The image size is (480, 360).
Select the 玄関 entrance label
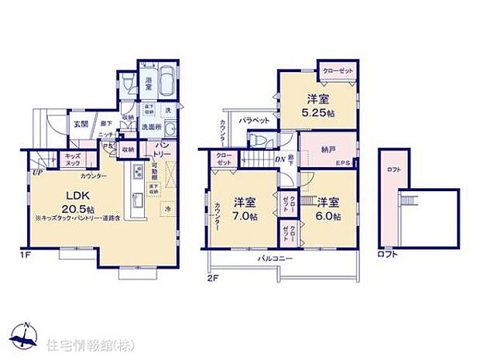[x=80, y=123]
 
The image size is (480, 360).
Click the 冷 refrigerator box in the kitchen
[x=168, y=209]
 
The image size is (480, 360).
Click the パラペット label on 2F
[x=253, y=121]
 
